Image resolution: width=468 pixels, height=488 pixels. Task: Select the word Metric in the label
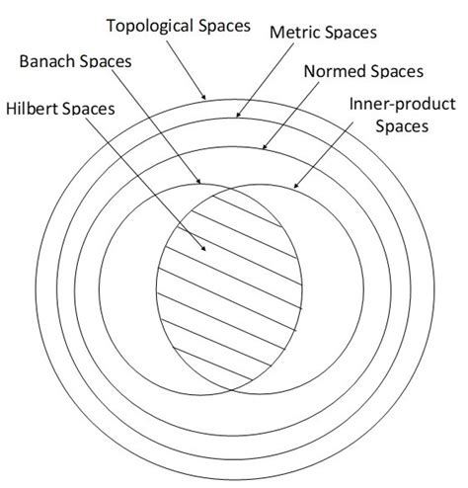point(292,33)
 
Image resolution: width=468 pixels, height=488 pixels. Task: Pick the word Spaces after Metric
point(348,33)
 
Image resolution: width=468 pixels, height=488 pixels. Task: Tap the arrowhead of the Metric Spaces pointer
point(237,118)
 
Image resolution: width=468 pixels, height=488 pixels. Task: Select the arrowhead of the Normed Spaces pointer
point(263,149)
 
